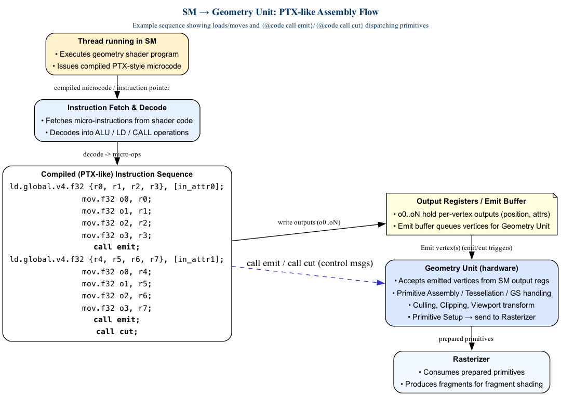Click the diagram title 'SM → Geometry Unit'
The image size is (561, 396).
click(x=280, y=12)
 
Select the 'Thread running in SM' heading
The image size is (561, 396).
click(x=117, y=41)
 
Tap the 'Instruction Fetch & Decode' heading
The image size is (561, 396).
click(x=117, y=108)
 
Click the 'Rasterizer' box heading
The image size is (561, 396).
click(x=471, y=359)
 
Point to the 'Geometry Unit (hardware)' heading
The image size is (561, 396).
click(x=471, y=268)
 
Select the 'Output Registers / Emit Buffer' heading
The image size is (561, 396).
click(x=471, y=201)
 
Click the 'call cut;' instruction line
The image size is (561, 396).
click(x=117, y=332)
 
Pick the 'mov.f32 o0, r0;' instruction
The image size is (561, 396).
click(x=117, y=199)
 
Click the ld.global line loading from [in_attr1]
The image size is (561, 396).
click(x=117, y=259)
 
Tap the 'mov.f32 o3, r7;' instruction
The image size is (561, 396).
click(x=117, y=308)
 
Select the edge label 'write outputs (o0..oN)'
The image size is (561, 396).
click(x=309, y=222)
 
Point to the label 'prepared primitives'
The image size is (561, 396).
click(x=466, y=339)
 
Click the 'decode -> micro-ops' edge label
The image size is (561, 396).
click(x=112, y=154)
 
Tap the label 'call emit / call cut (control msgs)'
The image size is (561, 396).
click(x=310, y=263)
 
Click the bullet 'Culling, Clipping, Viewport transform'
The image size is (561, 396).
click(x=471, y=305)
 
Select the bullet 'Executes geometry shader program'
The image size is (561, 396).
click(x=117, y=54)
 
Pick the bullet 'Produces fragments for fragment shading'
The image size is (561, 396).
click(x=471, y=384)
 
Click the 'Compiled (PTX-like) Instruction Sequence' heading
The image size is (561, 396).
click(x=117, y=174)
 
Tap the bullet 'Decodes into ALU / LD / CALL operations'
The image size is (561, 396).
click(x=117, y=133)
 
